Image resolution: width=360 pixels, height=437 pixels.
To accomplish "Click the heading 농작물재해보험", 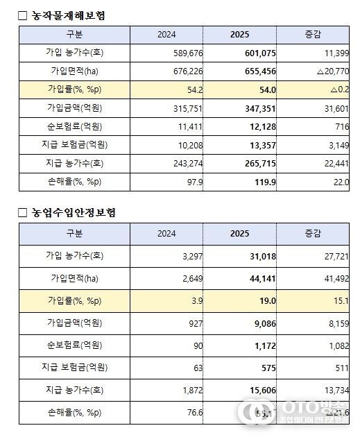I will click(69, 15).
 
